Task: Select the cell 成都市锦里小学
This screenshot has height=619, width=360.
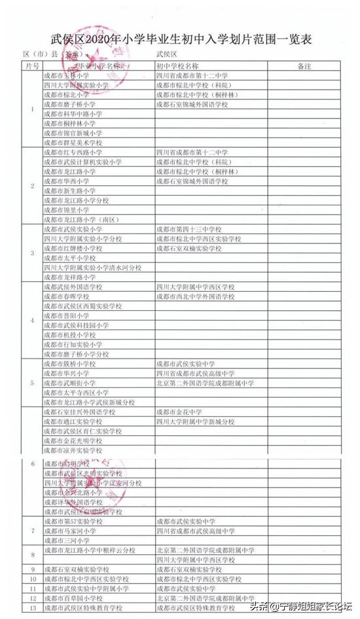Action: coord(66,210)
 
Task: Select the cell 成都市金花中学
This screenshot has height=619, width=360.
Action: coord(179,412)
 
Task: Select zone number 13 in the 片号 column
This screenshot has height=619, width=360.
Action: coord(33,609)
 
